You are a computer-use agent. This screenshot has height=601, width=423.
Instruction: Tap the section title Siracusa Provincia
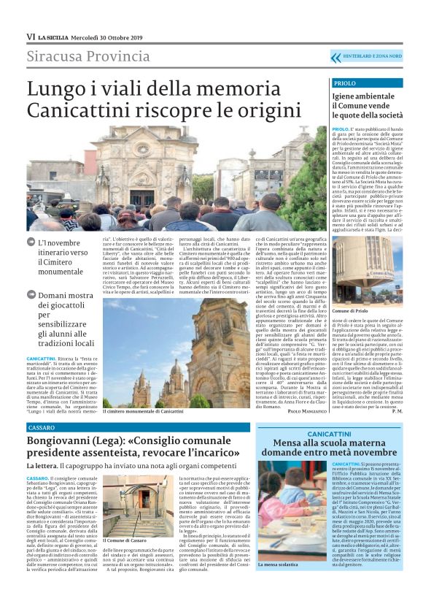(x=78, y=56)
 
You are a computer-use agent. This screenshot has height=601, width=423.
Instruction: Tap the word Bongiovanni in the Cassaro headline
(x=61, y=442)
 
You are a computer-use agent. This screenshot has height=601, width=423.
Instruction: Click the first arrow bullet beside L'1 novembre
(x=31, y=242)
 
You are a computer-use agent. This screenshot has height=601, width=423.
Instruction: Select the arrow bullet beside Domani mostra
(x=31, y=294)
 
